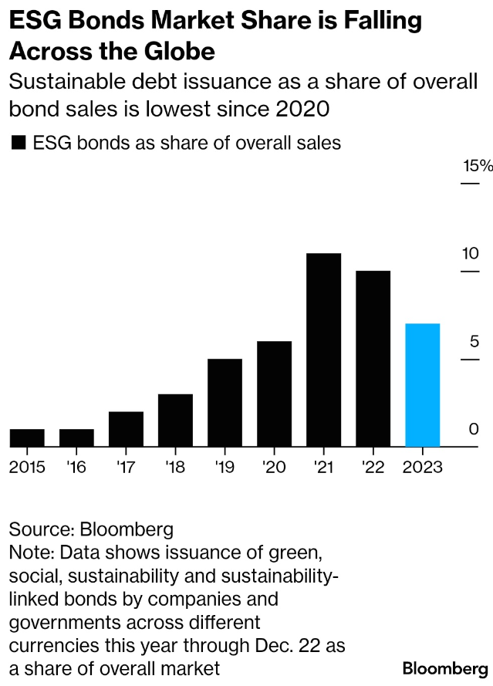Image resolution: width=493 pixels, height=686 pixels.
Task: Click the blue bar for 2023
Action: [x=422, y=384]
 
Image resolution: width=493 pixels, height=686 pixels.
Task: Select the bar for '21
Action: [x=323, y=350]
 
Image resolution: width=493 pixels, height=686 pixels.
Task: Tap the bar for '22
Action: [x=373, y=358]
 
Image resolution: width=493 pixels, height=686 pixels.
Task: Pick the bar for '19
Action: [x=225, y=402]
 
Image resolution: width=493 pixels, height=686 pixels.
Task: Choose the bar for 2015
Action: [x=27, y=438]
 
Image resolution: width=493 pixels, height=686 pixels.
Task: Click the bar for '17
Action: [x=126, y=428]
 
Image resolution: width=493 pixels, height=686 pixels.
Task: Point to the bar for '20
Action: [x=274, y=394]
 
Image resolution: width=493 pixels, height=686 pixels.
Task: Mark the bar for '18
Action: [x=175, y=420]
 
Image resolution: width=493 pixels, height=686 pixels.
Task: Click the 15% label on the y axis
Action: [x=477, y=166]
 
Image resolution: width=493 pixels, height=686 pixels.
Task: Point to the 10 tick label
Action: [x=470, y=254]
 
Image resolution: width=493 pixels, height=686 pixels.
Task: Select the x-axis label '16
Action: [x=76, y=468]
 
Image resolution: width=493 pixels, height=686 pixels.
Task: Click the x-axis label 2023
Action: [x=422, y=468]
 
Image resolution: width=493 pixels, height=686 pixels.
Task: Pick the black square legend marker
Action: [x=19, y=143]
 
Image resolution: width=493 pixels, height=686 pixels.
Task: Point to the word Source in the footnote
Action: [x=39, y=530]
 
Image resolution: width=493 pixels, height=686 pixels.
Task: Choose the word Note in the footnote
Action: [x=29, y=553]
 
